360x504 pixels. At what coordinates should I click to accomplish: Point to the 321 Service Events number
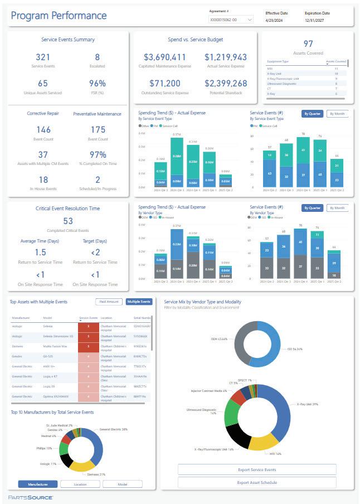[43, 57]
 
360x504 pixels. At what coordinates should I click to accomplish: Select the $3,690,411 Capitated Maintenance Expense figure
[164, 57]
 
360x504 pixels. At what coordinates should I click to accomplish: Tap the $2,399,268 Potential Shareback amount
[226, 84]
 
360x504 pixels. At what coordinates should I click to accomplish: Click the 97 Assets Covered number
[308, 43]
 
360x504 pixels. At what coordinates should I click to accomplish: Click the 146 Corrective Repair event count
[43, 130]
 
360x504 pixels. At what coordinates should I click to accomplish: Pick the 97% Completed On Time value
[97, 154]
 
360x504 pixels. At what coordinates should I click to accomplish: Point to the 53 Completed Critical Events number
[68, 221]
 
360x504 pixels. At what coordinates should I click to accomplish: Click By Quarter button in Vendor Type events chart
[312, 208]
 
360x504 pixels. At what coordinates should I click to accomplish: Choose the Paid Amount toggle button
[109, 302]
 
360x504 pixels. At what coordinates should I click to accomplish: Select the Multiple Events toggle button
[139, 302]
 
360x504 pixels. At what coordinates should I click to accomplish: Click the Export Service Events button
[257, 469]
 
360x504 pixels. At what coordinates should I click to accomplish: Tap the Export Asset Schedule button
[257, 482]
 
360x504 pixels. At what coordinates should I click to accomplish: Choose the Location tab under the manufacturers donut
[80, 484]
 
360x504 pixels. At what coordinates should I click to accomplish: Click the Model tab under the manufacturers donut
[122, 484]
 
